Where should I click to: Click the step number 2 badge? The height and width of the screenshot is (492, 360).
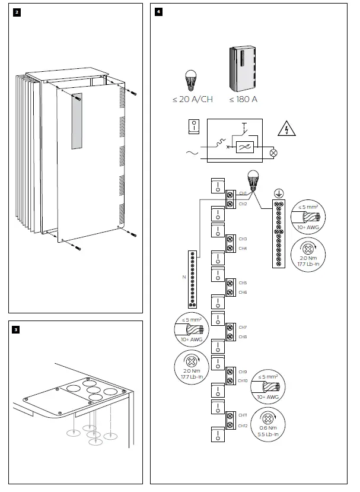17,12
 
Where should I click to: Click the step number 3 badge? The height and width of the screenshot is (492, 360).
15,329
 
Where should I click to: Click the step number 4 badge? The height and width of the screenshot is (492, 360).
159,12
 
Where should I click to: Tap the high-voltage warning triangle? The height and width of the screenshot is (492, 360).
286,129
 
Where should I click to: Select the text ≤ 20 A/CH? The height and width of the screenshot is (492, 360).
193,100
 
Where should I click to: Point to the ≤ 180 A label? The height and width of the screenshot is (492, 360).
243,100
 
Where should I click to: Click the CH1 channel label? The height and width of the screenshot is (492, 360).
243,193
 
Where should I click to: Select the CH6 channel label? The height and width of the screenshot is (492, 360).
243,292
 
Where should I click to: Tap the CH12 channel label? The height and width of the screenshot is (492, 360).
243,426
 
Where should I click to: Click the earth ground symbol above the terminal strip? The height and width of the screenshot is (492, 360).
279,193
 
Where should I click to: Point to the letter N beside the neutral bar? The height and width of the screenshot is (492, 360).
184,277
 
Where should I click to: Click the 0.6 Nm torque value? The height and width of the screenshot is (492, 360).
268,428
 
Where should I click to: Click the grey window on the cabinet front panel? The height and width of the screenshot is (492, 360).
77,121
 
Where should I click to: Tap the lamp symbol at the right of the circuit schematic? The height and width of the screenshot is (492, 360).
274,153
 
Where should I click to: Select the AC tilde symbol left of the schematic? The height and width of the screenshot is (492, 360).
192,153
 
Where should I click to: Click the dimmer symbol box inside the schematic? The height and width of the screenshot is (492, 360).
244,147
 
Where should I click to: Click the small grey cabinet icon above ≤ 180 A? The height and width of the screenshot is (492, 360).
242,68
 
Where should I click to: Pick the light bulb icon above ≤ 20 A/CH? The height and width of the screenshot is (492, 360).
190,81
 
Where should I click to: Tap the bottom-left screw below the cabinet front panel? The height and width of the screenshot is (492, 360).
78,248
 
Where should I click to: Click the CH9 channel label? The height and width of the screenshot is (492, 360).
243,372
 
